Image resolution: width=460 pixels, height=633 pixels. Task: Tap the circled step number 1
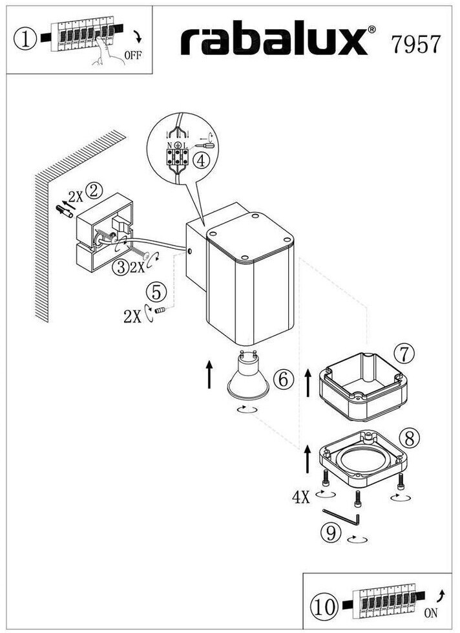(x=25, y=40)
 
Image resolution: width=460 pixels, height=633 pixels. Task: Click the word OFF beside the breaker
(x=132, y=55)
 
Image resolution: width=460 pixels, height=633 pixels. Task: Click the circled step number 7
(x=403, y=353)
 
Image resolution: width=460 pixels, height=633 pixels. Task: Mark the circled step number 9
(x=331, y=532)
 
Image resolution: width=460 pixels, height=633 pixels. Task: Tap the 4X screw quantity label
(x=302, y=497)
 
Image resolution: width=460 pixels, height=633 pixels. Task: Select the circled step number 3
(x=120, y=266)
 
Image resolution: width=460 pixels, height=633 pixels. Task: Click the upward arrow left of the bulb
(x=209, y=375)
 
